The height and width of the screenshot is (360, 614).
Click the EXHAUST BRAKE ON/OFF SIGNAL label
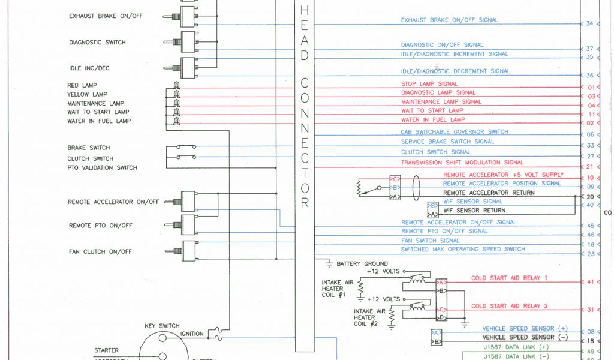coord(449,20)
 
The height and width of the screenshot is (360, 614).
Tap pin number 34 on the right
coord(589,23)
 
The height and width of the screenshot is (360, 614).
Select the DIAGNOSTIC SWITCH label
coord(97,43)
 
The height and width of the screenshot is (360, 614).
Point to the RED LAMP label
coord(82,85)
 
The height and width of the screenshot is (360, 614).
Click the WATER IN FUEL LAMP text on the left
coord(98,121)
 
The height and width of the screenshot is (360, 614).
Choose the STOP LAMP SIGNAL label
coord(429,84)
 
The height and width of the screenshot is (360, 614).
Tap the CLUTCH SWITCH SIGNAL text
coord(436,152)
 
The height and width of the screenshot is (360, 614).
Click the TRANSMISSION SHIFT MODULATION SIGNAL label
coord(462,163)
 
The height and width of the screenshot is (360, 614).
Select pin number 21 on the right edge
coord(591,166)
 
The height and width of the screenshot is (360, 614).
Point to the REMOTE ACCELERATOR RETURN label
coord(489,193)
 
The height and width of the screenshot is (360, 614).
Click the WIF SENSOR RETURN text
coord(474,211)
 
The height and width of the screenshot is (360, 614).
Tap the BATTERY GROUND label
coord(362,263)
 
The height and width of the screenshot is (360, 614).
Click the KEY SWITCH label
coord(162,326)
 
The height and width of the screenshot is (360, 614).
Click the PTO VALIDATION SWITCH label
coord(102,167)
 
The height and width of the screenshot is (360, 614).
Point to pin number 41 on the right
coord(590,281)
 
